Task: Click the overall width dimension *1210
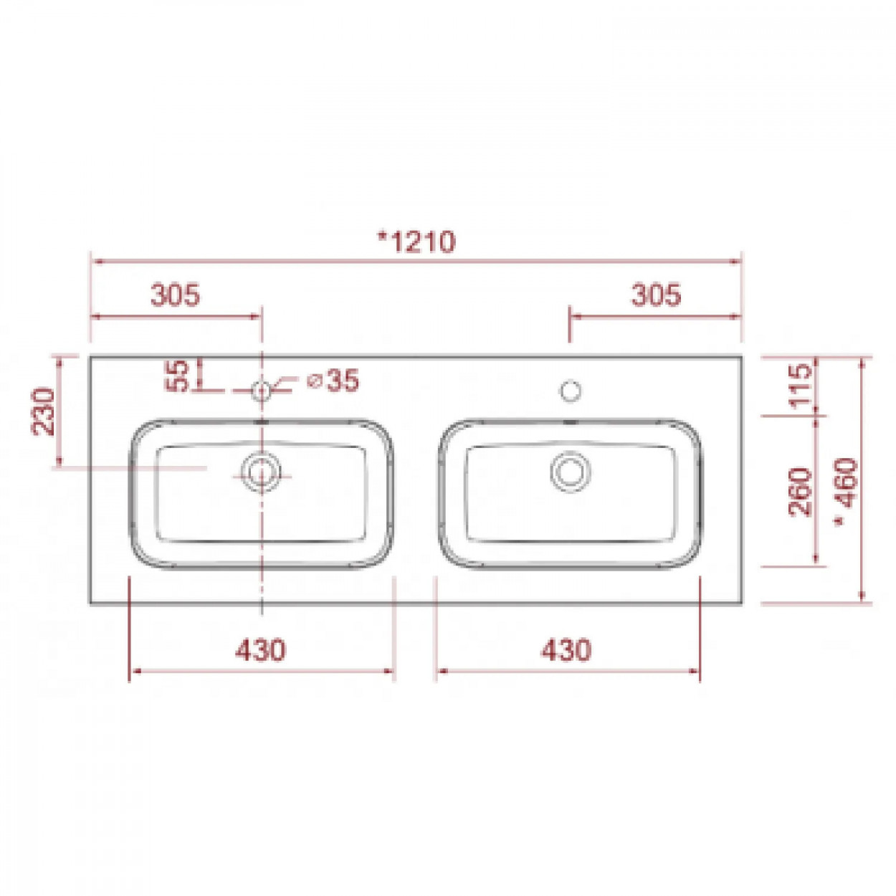[x=416, y=242]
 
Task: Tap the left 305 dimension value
[x=176, y=295]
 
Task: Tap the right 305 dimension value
[x=656, y=295]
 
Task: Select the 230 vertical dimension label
[x=43, y=411]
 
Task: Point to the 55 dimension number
[x=178, y=376]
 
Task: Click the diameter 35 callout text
[x=333, y=381]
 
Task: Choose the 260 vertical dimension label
[x=801, y=492]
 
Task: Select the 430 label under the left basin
[x=260, y=649]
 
